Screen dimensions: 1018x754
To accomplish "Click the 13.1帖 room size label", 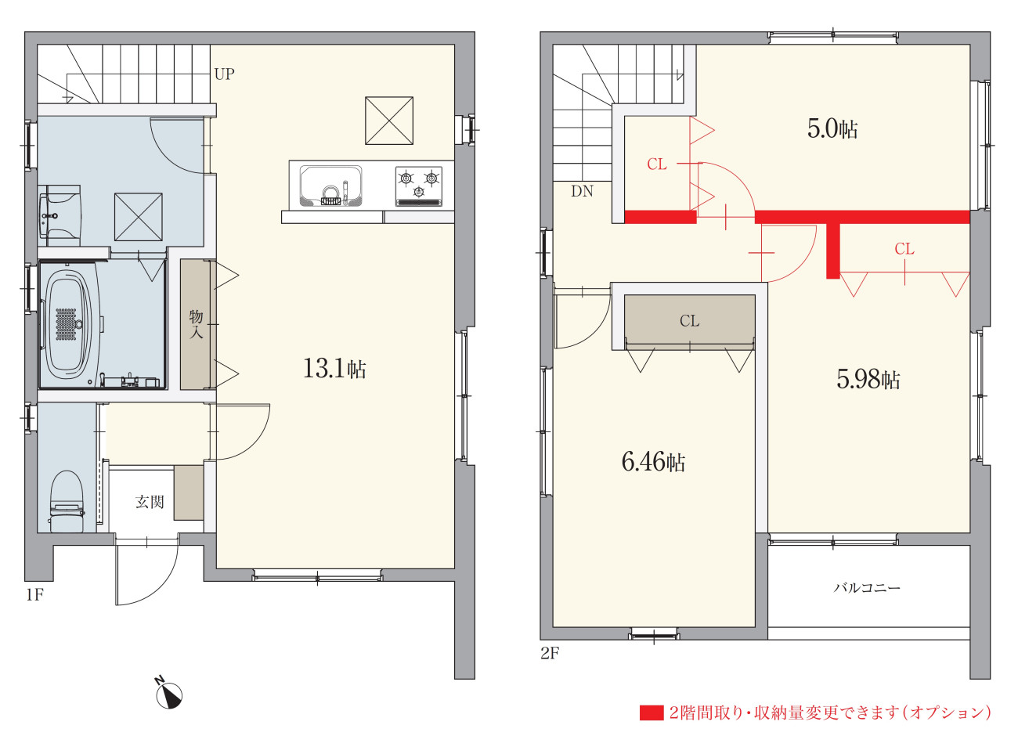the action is click(334, 369).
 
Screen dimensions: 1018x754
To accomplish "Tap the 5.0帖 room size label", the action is click(832, 129).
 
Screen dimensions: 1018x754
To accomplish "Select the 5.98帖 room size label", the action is click(868, 380).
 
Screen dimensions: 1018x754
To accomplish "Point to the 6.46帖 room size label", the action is click(653, 462).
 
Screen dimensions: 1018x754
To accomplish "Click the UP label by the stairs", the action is click(225, 74).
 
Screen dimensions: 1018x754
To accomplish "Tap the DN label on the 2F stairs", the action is click(582, 191).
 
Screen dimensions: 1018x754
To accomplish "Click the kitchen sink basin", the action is click(330, 186).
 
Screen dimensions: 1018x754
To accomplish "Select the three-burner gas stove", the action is click(419, 186).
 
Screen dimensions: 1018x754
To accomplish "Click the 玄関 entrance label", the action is click(150, 502).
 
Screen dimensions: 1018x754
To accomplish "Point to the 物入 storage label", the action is click(197, 324).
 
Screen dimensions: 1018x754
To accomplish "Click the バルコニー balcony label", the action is click(867, 587).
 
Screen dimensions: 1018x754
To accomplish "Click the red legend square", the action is click(652, 713).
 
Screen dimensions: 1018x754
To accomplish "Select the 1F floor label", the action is click(35, 595).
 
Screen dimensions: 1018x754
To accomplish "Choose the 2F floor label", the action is click(550, 653).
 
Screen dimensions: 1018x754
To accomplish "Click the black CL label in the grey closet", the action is click(689, 321).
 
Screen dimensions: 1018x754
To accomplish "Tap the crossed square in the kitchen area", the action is click(389, 121).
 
